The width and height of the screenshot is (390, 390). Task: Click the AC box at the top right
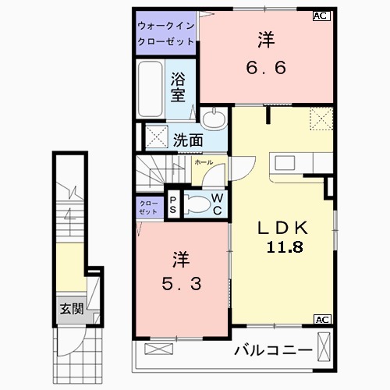tap(321, 15)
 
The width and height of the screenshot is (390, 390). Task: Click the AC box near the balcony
tap(321, 319)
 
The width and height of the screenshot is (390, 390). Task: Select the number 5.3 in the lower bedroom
tap(184, 284)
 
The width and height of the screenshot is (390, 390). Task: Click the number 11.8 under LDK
tap(282, 246)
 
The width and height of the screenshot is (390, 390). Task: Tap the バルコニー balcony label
tap(273, 350)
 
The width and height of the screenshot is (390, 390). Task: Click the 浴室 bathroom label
tap(179, 86)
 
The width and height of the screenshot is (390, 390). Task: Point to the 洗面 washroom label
tap(188, 141)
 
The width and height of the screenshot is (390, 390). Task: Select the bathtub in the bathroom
tap(151, 89)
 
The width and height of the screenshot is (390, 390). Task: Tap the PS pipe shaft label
tap(173, 206)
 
